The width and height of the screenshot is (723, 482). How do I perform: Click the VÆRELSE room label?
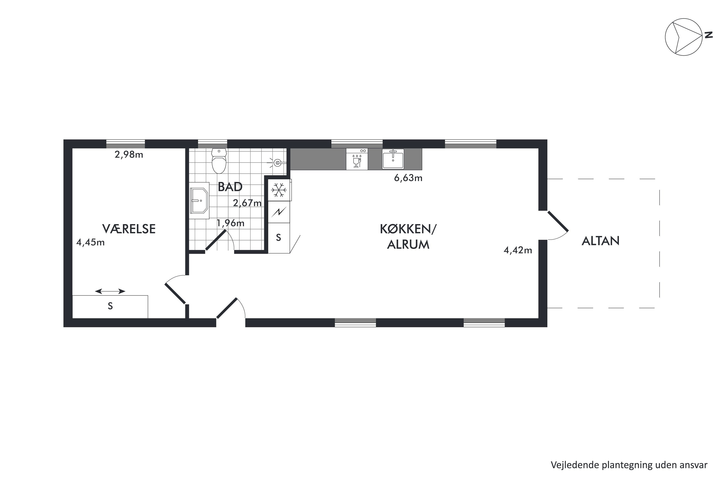click(129, 229)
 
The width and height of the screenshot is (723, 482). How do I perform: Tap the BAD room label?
click(230, 187)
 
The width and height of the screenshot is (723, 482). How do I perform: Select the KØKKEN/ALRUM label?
click(408, 237)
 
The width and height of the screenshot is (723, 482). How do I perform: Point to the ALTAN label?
click(600, 241)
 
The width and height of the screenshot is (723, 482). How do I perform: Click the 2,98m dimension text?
click(129, 155)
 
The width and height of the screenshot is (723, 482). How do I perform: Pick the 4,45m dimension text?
click(90, 242)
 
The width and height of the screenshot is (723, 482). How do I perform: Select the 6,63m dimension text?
click(408, 178)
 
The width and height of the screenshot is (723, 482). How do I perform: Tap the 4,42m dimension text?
click(518, 250)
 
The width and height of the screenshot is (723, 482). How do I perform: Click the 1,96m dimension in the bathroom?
click(231, 223)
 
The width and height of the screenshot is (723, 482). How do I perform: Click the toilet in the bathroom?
click(219, 161)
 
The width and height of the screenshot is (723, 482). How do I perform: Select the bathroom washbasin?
click(199, 201)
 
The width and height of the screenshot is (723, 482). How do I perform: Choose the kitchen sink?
click(393, 159)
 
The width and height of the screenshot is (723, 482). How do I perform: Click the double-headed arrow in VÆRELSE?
click(110, 291)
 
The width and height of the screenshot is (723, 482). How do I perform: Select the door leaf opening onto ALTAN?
click(558, 221)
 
